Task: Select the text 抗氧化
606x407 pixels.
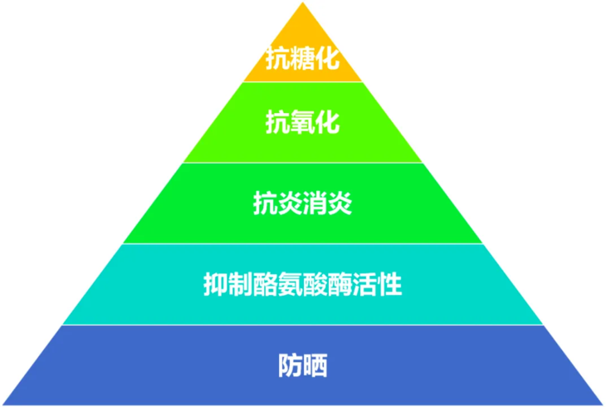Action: (302, 123)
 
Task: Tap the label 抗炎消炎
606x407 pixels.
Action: (302, 203)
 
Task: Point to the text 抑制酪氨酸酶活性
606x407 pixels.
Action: (302, 285)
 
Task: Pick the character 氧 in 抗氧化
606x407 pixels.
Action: (302, 123)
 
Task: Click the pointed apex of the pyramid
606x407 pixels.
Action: (302, 5)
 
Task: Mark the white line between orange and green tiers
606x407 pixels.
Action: (302, 81)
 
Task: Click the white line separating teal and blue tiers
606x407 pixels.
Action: (302, 325)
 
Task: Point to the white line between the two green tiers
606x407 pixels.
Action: (302, 163)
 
